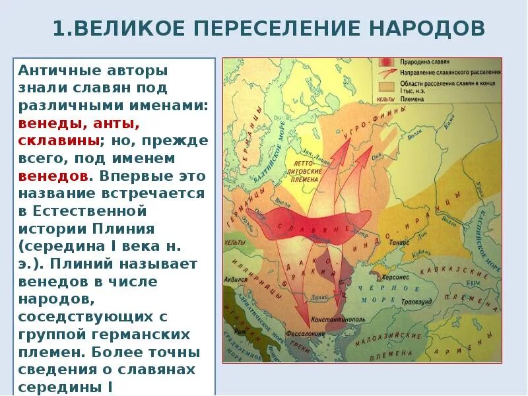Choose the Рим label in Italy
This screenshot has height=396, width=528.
(x=245, y=331)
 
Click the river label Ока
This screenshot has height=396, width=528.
(x=377, y=156)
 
